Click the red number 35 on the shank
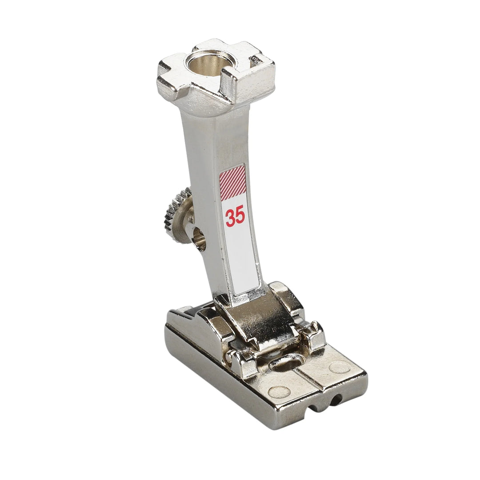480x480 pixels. (x=236, y=217)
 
